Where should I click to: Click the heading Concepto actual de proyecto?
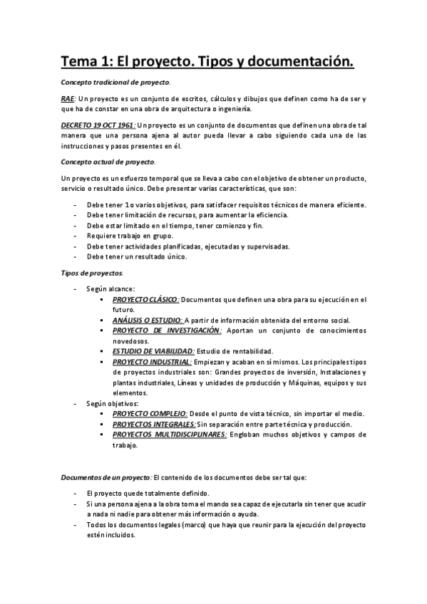coord(98,161)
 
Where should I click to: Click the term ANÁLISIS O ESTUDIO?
coord(148,321)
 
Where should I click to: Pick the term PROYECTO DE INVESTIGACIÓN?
coord(167,331)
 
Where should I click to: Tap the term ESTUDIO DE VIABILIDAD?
coord(153,352)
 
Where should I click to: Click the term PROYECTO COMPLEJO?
coord(150,414)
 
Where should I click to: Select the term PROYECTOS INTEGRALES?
coord(154,425)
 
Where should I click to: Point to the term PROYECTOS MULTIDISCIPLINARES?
coord(170,434)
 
